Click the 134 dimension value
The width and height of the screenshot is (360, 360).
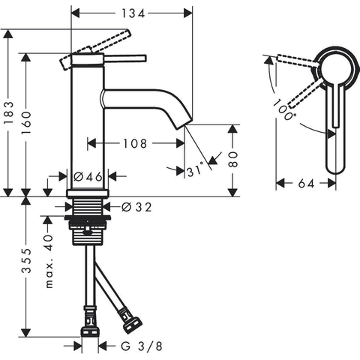[133, 13]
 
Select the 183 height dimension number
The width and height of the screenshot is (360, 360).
[10, 112]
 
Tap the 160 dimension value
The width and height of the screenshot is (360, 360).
[26, 123]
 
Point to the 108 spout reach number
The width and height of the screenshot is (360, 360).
[135, 143]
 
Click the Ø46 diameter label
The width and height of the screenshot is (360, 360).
[88, 177]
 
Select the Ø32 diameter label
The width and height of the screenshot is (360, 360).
[136, 207]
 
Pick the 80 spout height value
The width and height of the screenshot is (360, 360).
[232, 159]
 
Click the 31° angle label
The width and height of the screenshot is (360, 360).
[196, 170]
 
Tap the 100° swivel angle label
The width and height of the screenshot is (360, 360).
[283, 109]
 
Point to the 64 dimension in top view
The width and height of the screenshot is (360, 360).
[306, 184]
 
